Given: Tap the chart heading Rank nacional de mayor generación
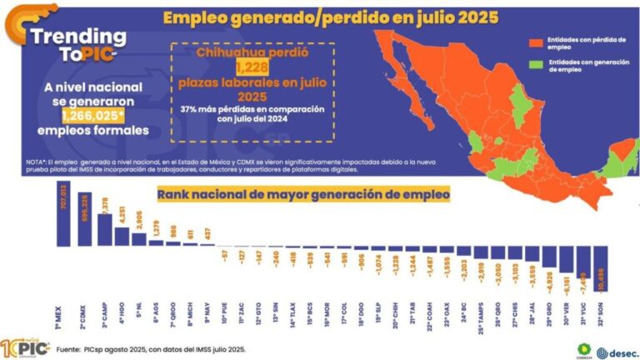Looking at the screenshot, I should (303, 194).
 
